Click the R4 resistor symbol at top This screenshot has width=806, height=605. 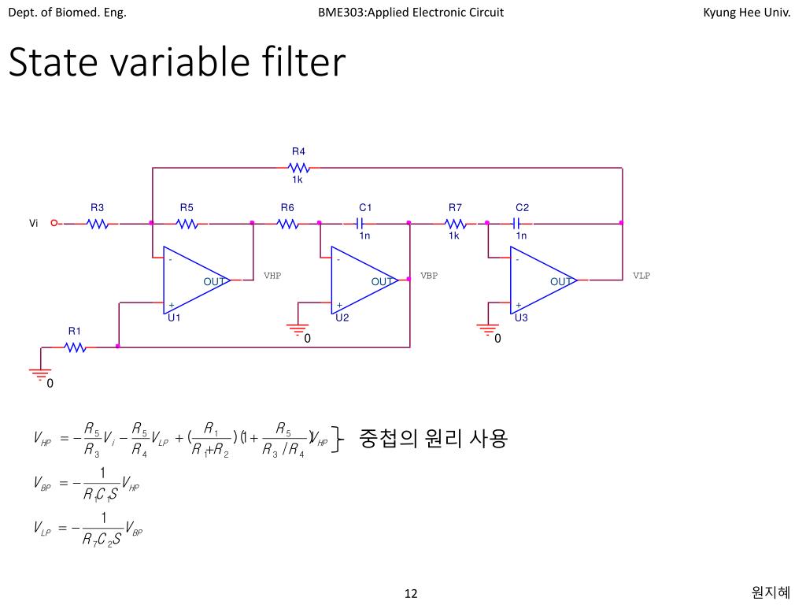(298, 168)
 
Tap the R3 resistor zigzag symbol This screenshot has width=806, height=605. (98, 224)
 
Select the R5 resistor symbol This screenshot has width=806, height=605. (187, 224)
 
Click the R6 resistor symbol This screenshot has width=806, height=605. (288, 224)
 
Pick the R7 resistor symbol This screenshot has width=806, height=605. (456, 224)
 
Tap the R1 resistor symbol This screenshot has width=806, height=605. (76, 347)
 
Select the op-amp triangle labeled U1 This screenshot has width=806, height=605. (193, 281)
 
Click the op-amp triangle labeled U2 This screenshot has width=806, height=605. (360, 281)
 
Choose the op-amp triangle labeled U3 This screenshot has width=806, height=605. (540, 281)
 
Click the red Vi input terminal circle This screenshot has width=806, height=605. (54, 223)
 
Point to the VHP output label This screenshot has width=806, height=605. (272, 276)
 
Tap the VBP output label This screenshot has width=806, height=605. (429, 276)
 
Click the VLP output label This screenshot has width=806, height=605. (641, 276)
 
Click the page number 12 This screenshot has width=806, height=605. (411, 593)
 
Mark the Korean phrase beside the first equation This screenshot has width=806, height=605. (433, 438)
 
